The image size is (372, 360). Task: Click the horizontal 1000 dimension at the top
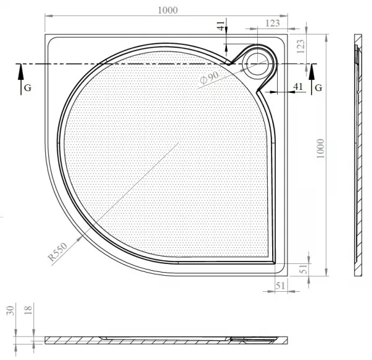click(x=167, y=10)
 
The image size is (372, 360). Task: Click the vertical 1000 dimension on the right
click(x=321, y=149)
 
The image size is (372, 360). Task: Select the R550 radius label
click(x=58, y=252)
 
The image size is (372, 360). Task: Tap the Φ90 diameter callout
click(x=209, y=77)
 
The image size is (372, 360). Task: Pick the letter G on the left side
click(x=28, y=88)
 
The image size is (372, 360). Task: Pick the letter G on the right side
click(x=319, y=88)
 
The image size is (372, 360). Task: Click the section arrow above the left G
click(x=21, y=79)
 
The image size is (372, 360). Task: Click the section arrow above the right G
click(x=311, y=79)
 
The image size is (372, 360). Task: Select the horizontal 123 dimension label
click(x=273, y=24)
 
